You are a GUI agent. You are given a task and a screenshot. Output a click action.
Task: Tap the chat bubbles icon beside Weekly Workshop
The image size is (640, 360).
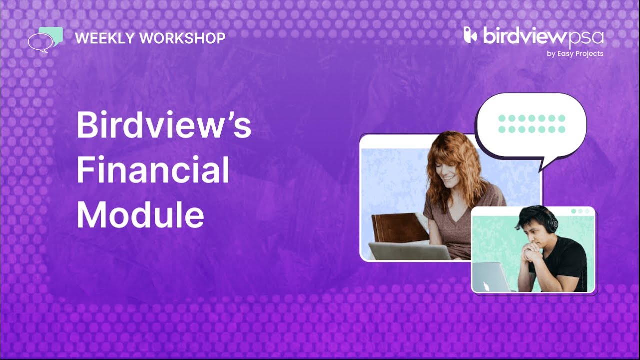[45, 39]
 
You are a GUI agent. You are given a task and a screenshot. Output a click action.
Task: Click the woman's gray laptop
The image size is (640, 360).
[410, 251]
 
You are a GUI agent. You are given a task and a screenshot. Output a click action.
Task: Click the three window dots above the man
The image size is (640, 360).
[580, 211]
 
